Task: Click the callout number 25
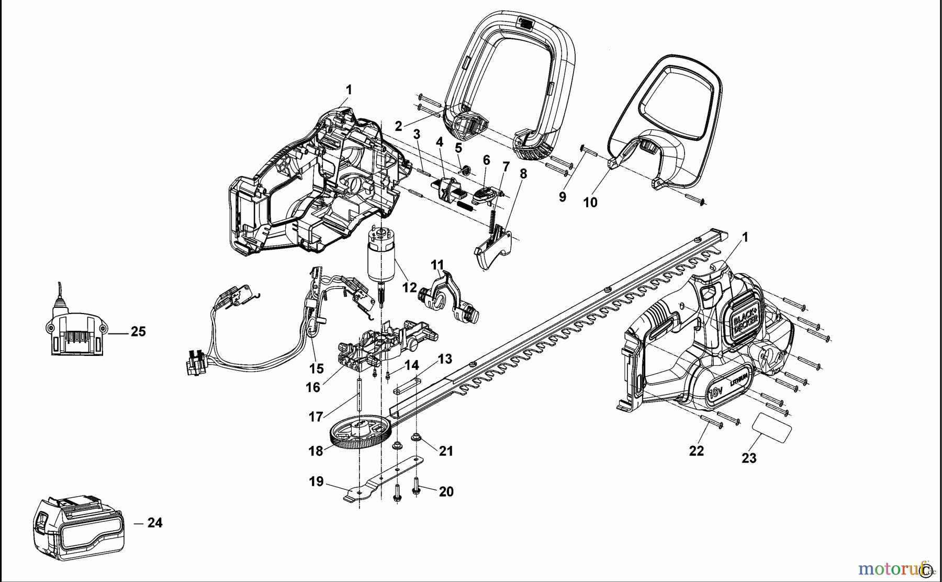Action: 138,332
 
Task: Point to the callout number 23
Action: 749,458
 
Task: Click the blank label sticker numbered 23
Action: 772,428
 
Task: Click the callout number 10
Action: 590,203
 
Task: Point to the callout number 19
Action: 316,482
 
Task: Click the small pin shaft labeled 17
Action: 360,394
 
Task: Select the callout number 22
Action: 696,451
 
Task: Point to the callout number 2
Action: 398,126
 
